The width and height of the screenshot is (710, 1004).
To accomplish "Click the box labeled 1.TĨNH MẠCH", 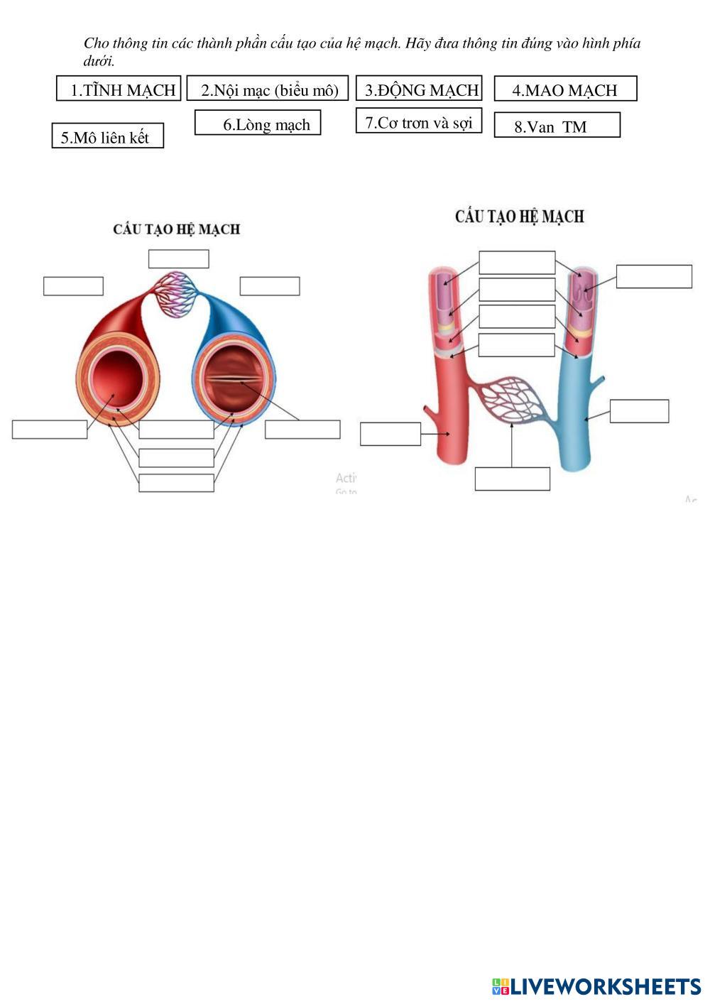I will [x=119, y=89].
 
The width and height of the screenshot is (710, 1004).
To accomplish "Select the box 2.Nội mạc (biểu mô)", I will [x=268, y=89].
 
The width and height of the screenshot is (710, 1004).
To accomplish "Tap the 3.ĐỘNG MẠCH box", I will [x=419, y=89].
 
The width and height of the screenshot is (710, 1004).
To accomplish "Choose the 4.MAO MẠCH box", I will [x=565, y=89].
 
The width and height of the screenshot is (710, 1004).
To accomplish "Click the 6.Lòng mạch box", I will [x=258, y=123].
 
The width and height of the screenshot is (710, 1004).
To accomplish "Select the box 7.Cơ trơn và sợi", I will [x=419, y=121].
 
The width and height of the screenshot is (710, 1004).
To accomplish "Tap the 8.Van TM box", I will [x=557, y=125].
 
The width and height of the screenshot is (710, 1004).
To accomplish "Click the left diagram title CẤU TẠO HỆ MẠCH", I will [x=177, y=229].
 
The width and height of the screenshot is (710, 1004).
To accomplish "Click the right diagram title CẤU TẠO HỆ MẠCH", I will [x=519, y=216].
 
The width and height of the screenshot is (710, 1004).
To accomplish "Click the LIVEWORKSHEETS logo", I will [x=596, y=986].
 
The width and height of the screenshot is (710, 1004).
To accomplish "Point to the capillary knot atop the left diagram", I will [x=176, y=294].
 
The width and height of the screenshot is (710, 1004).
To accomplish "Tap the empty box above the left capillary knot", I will [x=178, y=258].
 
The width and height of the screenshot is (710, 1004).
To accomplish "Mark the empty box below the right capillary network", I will [x=512, y=479].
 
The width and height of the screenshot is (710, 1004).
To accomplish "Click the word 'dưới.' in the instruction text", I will [x=99, y=61].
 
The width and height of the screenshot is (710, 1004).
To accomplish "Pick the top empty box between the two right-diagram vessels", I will [x=517, y=262].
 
